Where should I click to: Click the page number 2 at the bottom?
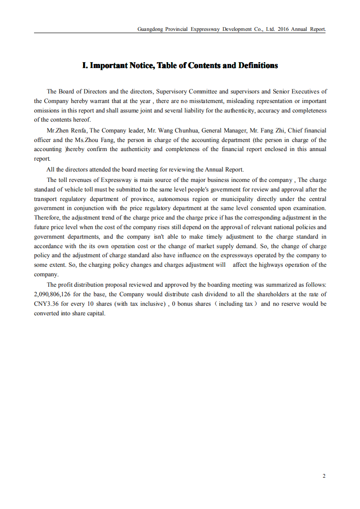click(x=324, y=476)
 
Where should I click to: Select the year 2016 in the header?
click(x=283, y=29)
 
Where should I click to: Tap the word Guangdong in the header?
click(x=150, y=29)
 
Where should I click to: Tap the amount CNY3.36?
click(x=46, y=304)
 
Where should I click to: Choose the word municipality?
click(x=236, y=199)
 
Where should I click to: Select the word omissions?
click(x=47, y=111)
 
